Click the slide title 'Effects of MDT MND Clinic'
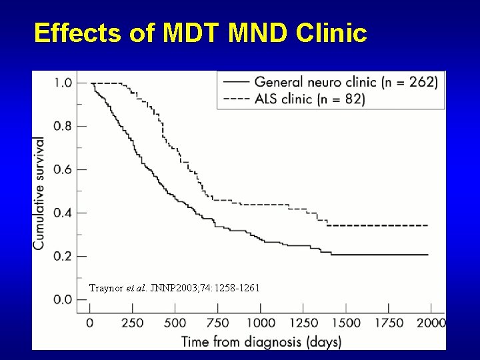(200, 33)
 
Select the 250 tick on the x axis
(132, 323)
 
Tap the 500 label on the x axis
(175, 323)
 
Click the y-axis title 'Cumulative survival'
(40, 193)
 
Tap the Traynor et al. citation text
(175, 288)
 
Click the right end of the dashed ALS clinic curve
(427, 225)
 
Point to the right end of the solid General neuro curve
(427, 255)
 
